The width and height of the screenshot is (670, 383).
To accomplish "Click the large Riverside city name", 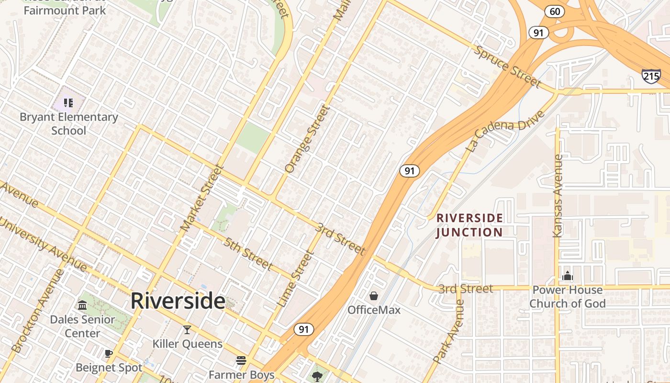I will click(178, 301).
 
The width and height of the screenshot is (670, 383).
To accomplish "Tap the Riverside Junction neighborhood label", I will click(469, 225).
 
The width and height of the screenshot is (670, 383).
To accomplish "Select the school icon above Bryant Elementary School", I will click(68, 102).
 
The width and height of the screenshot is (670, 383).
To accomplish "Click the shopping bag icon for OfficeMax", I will click(374, 296).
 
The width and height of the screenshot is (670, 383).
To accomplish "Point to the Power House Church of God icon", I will click(568, 276).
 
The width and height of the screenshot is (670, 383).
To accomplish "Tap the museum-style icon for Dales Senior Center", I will click(82, 305).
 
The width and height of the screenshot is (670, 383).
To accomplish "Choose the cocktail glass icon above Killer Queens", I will click(187, 329).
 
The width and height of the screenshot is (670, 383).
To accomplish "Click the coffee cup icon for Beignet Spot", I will click(109, 353).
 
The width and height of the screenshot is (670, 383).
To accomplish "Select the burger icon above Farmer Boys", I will click(241, 360).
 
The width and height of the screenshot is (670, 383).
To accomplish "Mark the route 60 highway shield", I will click(554, 11).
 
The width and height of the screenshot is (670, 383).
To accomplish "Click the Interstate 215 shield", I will click(651, 76).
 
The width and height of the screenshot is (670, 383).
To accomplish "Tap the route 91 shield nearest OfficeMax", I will click(304, 329).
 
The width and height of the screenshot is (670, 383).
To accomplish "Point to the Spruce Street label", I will click(507, 66).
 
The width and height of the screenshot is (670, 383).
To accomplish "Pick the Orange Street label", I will click(307, 139).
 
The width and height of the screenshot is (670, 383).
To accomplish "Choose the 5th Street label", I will click(248, 253).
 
